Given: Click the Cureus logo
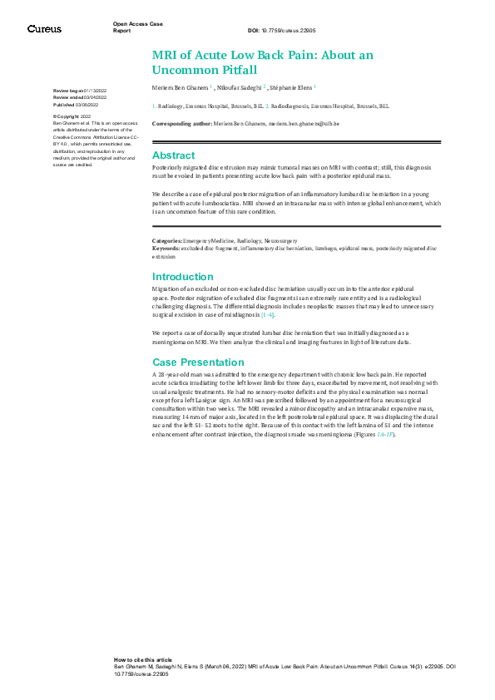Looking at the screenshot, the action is point(44,29).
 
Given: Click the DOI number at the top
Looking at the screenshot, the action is point(291,29).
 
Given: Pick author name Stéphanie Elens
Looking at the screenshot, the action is point(291,86).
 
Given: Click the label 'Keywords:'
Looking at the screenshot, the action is point(167,248).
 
